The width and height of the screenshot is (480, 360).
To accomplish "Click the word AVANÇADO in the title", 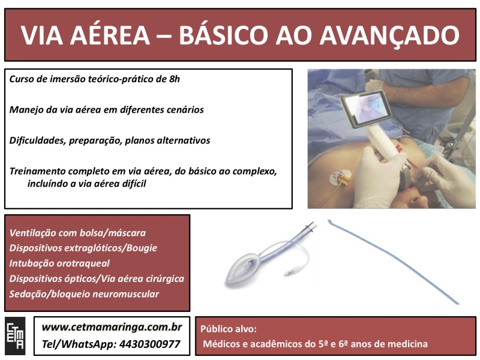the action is (389, 35).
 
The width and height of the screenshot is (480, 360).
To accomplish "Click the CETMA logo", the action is (15, 336).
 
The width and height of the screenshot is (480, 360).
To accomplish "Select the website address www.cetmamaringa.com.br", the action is (112, 327).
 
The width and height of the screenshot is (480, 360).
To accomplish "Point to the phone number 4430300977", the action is (149, 344).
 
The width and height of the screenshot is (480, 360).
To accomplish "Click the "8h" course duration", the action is (175, 79).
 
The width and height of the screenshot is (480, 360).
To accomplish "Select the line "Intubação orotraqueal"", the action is (59, 263).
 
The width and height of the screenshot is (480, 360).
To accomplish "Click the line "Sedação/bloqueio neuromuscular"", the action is (84, 294).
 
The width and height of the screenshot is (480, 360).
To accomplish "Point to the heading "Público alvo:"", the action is (229, 329).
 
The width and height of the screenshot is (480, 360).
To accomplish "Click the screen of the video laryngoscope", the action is (367, 109).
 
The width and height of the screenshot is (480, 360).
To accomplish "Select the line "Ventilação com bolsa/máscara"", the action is (77, 233).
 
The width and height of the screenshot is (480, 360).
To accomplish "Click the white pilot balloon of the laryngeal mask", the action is (296, 270).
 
